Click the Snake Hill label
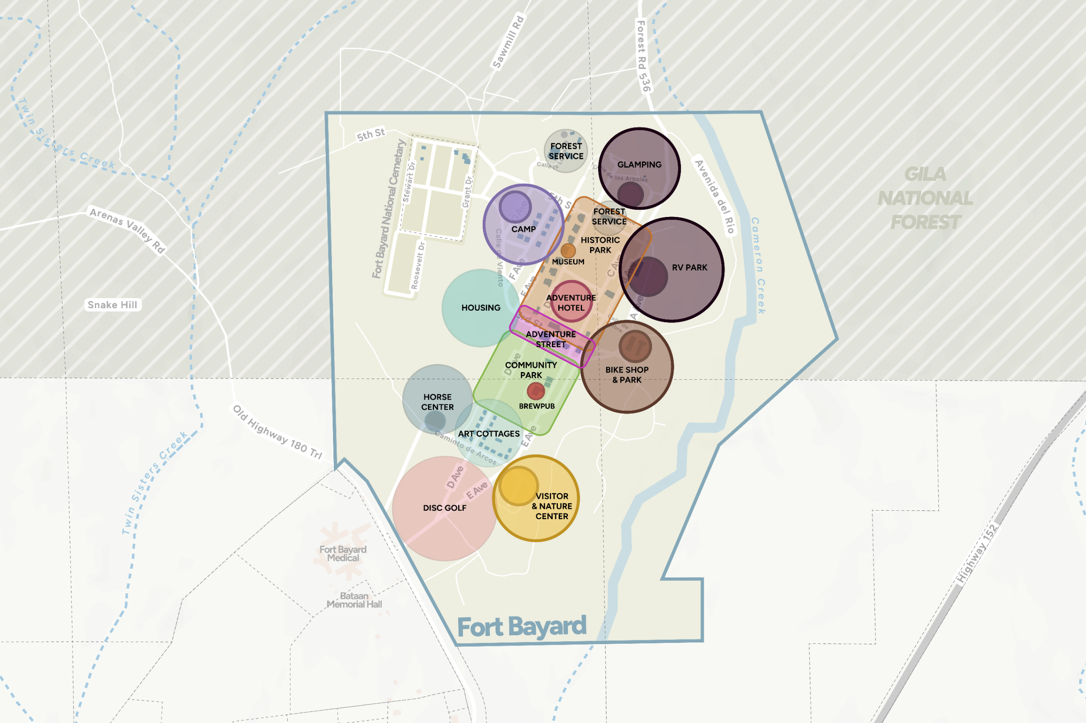(112, 305)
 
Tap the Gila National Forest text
(925, 198)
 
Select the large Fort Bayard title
(521, 627)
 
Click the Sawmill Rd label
(508, 42)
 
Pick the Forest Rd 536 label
(643, 56)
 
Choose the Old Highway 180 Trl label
(277, 432)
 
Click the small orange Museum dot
(568, 251)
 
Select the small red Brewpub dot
(535, 391)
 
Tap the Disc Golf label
(445, 508)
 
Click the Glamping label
(639, 164)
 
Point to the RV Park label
(689, 267)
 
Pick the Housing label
(481, 308)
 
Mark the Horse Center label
(437, 402)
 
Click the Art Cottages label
(488, 434)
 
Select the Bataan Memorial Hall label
(354, 600)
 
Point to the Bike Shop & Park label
(627, 374)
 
